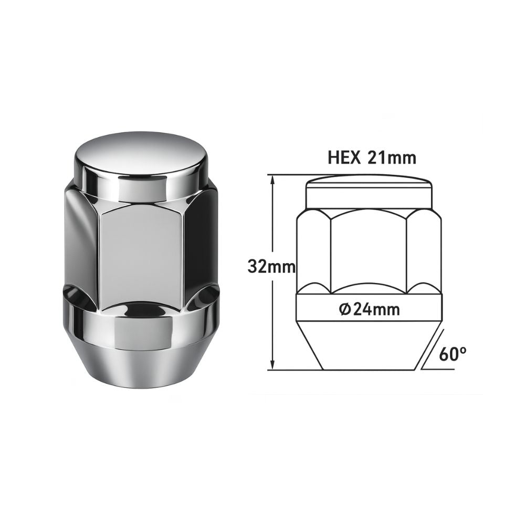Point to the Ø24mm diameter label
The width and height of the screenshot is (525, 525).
pyautogui.click(x=370, y=310)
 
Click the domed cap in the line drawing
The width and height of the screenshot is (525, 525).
pyautogui.click(x=369, y=192)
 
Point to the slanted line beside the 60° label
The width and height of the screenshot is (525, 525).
pyautogui.click(x=430, y=349)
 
